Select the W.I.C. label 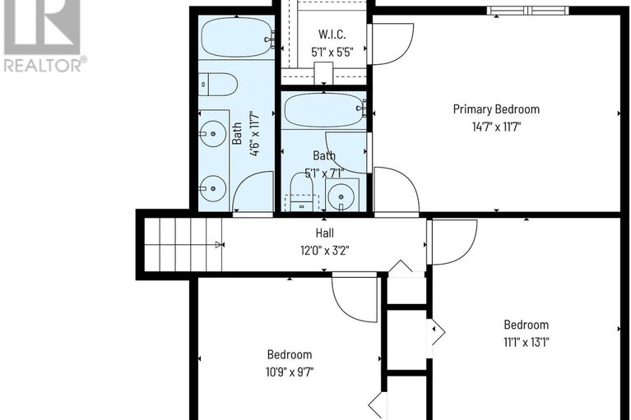tap(332, 35)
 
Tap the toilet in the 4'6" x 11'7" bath tap(220, 84)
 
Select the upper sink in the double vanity tap(214, 132)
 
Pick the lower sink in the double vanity tap(214, 188)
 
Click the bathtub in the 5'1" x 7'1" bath tap(324, 109)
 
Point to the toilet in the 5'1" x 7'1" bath tap(302, 194)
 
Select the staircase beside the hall tap(183, 244)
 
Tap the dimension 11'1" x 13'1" tap(526, 343)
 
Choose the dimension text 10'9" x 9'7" tap(290, 372)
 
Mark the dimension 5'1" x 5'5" tap(332, 52)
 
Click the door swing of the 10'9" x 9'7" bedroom tap(354, 298)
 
